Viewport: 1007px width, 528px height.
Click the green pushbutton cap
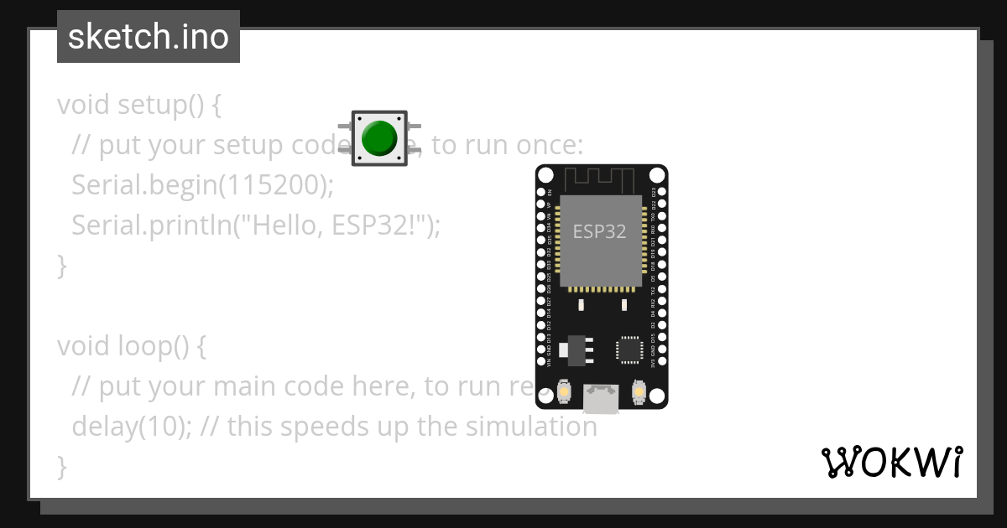click(x=379, y=137)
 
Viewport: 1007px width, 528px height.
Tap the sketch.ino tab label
click(x=149, y=37)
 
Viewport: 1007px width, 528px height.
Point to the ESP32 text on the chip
click(x=599, y=231)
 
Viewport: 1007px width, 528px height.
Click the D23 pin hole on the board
click(x=661, y=192)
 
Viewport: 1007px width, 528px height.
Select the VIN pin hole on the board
click(x=540, y=362)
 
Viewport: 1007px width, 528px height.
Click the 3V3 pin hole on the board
click(x=661, y=362)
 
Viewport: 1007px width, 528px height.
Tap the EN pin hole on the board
click(x=540, y=192)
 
